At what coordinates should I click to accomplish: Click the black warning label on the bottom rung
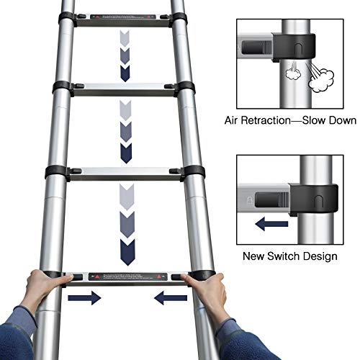(127, 276)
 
